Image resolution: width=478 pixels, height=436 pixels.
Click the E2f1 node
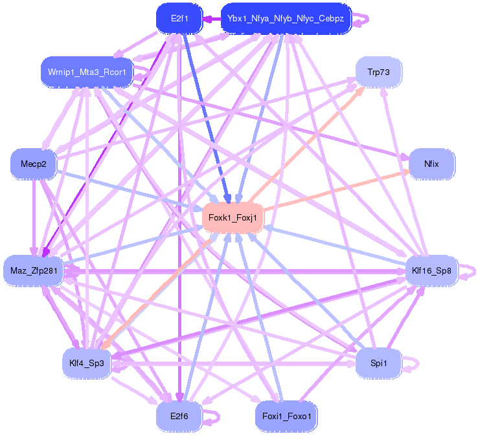point(179,19)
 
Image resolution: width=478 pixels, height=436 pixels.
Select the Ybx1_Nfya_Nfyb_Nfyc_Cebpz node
point(286,19)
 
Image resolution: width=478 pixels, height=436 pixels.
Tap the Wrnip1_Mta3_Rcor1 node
point(87,71)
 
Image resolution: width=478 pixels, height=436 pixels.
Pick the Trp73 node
point(378,72)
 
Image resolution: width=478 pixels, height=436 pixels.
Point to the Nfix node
point(431,164)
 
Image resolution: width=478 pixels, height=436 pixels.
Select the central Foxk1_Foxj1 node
point(233,218)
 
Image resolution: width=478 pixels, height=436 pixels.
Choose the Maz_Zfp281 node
point(33,270)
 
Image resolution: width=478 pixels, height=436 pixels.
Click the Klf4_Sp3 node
point(87,362)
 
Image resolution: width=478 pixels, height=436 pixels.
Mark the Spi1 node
point(378,363)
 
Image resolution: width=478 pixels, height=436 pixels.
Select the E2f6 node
point(179,416)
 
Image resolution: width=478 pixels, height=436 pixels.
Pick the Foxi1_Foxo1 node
point(286,416)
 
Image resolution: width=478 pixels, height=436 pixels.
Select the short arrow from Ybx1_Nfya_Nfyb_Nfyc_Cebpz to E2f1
point(211,19)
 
